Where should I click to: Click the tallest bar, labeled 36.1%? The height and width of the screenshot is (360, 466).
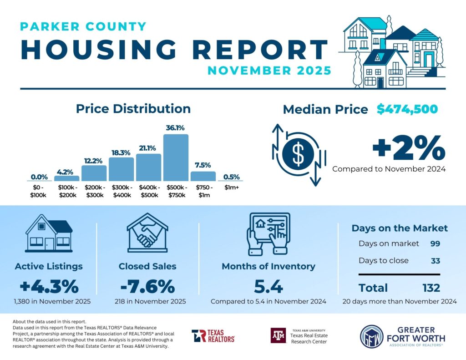pyautogui.click(x=176, y=157)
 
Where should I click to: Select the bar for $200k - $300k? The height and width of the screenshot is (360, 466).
pyautogui.click(x=94, y=173)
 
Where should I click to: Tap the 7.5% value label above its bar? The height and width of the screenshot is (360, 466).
pyautogui.click(x=203, y=165)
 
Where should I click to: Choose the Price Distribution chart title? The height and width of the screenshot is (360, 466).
pyautogui.click(x=133, y=109)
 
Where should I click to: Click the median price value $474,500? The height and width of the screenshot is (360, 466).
pyautogui.click(x=407, y=109)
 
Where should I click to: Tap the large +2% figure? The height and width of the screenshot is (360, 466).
pyautogui.click(x=408, y=148)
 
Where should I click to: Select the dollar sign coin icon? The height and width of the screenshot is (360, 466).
pyautogui.click(x=298, y=155)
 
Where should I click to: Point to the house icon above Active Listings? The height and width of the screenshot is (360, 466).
pyautogui.click(x=49, y=235)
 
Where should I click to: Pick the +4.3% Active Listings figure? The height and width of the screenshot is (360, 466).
pyautogui.click(x=49, y=287)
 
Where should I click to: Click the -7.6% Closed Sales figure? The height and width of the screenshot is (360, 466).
pyautogui.click(x=147, y=287)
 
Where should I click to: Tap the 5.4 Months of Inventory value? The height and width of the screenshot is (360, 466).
pyautogui.click(x=268, y=287)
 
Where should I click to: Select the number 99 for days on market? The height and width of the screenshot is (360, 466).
pyautogui.click(x=435, y=243)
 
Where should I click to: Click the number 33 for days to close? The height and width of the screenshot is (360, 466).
pyautogui.click(x=435, y=261)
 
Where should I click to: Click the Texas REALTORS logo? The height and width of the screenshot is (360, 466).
pyautogui.click(x=213, y=336)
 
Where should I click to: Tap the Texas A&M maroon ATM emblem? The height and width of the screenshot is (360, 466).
pyautogui.click(x=279, y=335)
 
